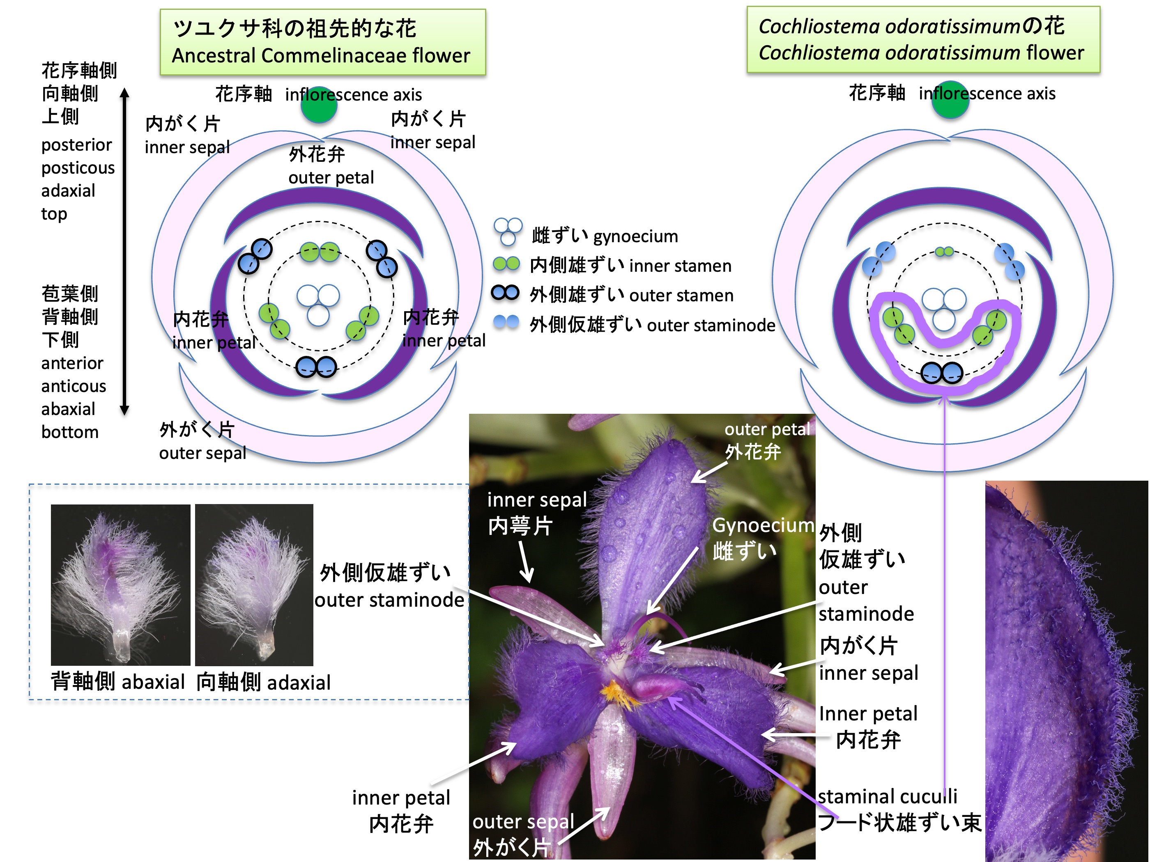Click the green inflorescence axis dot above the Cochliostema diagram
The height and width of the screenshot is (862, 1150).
click(x=950, y=100)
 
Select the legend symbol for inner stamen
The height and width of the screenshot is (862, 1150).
click(x=506, y=264)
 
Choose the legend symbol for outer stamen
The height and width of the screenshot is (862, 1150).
click(x=505, y=293)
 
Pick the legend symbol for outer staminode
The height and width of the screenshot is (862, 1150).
click(x=506, y=322)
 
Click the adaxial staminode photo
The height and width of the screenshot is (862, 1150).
click(x=254, y=585)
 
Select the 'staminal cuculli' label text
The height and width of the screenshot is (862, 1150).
click(x=887, y=796)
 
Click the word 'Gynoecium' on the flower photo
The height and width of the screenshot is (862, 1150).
click(x=763, y=525)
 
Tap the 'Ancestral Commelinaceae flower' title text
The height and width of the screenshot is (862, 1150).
click(x=321, y=55)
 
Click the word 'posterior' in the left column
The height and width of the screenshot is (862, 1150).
click(x=76, y=144)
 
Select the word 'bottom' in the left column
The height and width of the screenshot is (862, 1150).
click(x=70, y=432)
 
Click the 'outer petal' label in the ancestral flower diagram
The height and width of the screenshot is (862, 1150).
click(x=331, y=178)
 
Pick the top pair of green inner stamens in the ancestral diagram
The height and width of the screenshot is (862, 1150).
click(x=320, y=252)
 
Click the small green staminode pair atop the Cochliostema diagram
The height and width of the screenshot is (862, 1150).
click(x=944, y=252)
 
